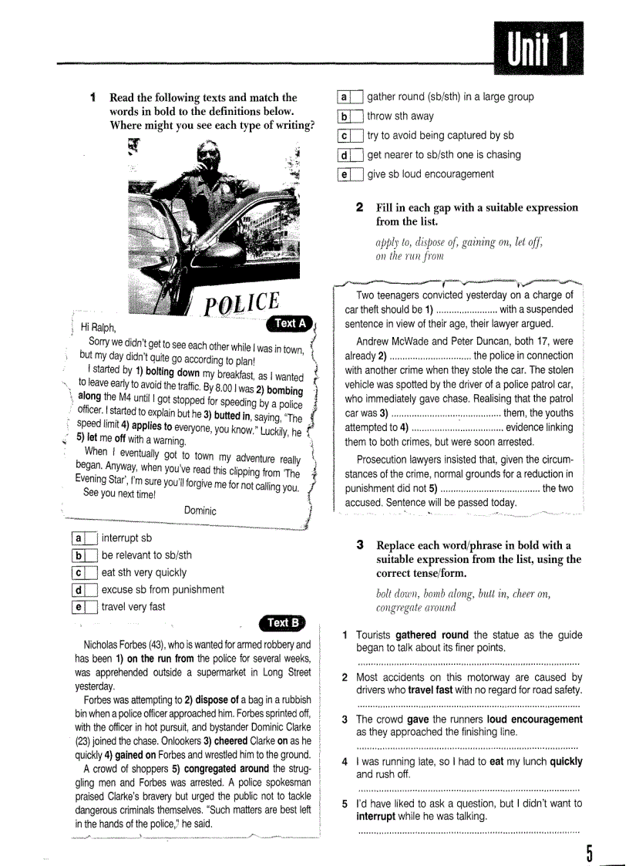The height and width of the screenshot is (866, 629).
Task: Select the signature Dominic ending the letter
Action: pos(200,511)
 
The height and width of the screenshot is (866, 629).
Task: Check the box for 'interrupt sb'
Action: pos(90,539)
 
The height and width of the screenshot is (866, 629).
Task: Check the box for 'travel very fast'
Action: pos(90,607)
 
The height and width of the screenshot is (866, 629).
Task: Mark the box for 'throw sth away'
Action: pos(356,116)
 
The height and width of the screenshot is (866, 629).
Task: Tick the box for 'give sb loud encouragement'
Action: pos(356,174)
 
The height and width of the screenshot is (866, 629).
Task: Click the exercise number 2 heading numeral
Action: pos(360,207)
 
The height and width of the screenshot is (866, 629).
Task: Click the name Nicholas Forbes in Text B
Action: pos(116,645)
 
